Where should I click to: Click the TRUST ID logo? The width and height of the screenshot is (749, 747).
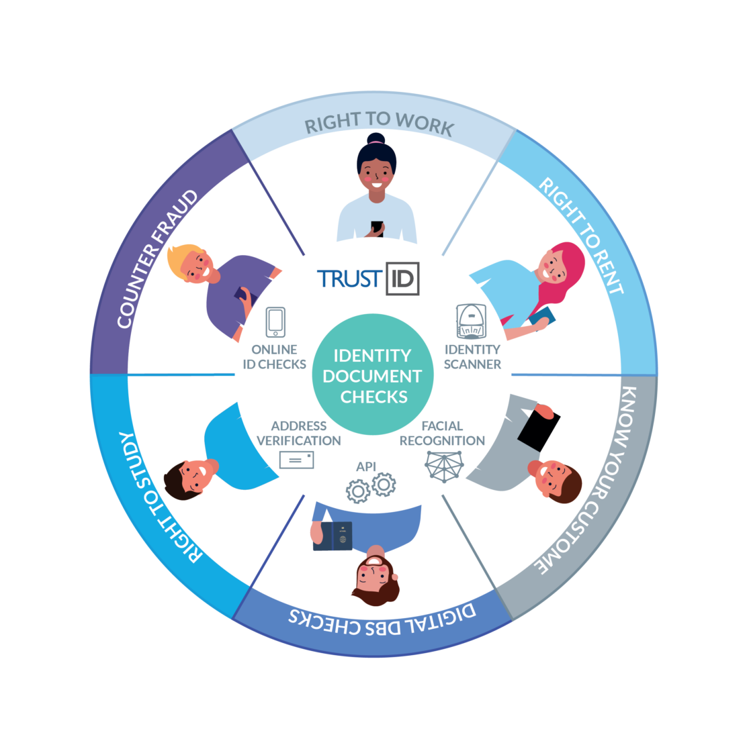point(369,279)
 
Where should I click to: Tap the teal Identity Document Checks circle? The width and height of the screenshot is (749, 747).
point(373,375)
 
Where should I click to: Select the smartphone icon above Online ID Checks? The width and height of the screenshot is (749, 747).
point(275,323)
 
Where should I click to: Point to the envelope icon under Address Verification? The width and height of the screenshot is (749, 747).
point(296,460)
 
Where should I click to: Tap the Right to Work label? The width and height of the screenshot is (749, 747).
point(379,124)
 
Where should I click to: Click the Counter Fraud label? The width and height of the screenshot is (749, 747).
point(159,259)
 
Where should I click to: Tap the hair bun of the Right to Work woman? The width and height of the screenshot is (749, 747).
point(376,139)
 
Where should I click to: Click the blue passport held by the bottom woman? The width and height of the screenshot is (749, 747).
point(333,536)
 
